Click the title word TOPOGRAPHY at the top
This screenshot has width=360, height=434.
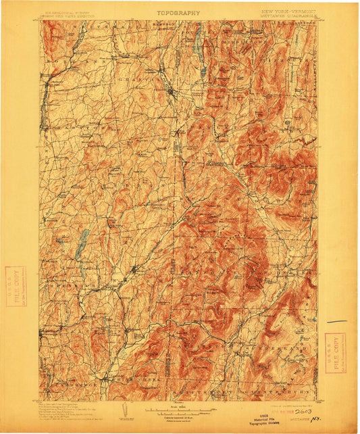(x=178, y=12)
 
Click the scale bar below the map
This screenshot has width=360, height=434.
(x=178, y=410)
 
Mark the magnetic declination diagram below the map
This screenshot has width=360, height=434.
(x=121, y=411)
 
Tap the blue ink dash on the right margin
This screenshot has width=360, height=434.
(x=336, y=322)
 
